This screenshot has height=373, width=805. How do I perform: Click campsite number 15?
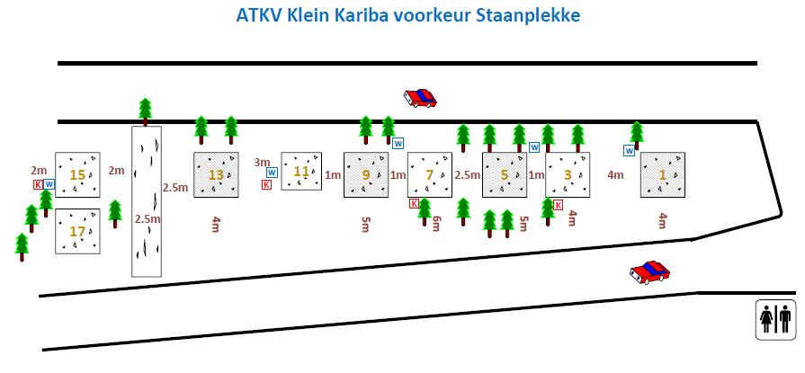[x=77, y=175]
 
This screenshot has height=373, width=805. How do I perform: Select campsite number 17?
[x=77, y=231]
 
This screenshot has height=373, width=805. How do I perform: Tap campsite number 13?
[x=216, y=175]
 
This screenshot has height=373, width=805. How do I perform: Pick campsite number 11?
[x=301, y=172]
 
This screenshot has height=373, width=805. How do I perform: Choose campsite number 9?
[x=365, y=175]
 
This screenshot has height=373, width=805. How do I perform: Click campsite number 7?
[x=430, y=175]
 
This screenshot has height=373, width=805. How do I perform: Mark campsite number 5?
[x=505, y=175]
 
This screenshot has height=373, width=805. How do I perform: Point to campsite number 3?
[x=568, y=175]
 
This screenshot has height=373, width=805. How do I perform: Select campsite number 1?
[x=662, y=175]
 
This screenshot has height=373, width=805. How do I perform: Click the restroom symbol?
[x=775, y=320]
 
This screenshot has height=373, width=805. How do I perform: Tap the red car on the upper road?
[x=420, y=97]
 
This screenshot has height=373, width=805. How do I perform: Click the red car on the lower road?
[x=650, y=272]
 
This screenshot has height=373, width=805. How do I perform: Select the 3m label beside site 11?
[x=262, y=163]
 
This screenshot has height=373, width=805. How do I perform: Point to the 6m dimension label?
[x=436, y=223]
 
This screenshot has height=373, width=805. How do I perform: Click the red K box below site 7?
[x=414, y=204]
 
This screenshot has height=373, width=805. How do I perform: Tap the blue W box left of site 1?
[x=629, y=151]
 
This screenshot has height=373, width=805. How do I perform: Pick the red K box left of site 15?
[x=38, y=184]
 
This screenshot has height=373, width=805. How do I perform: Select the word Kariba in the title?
[x=361, y=14]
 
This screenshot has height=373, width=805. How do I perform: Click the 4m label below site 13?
[x=216, y=224]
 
